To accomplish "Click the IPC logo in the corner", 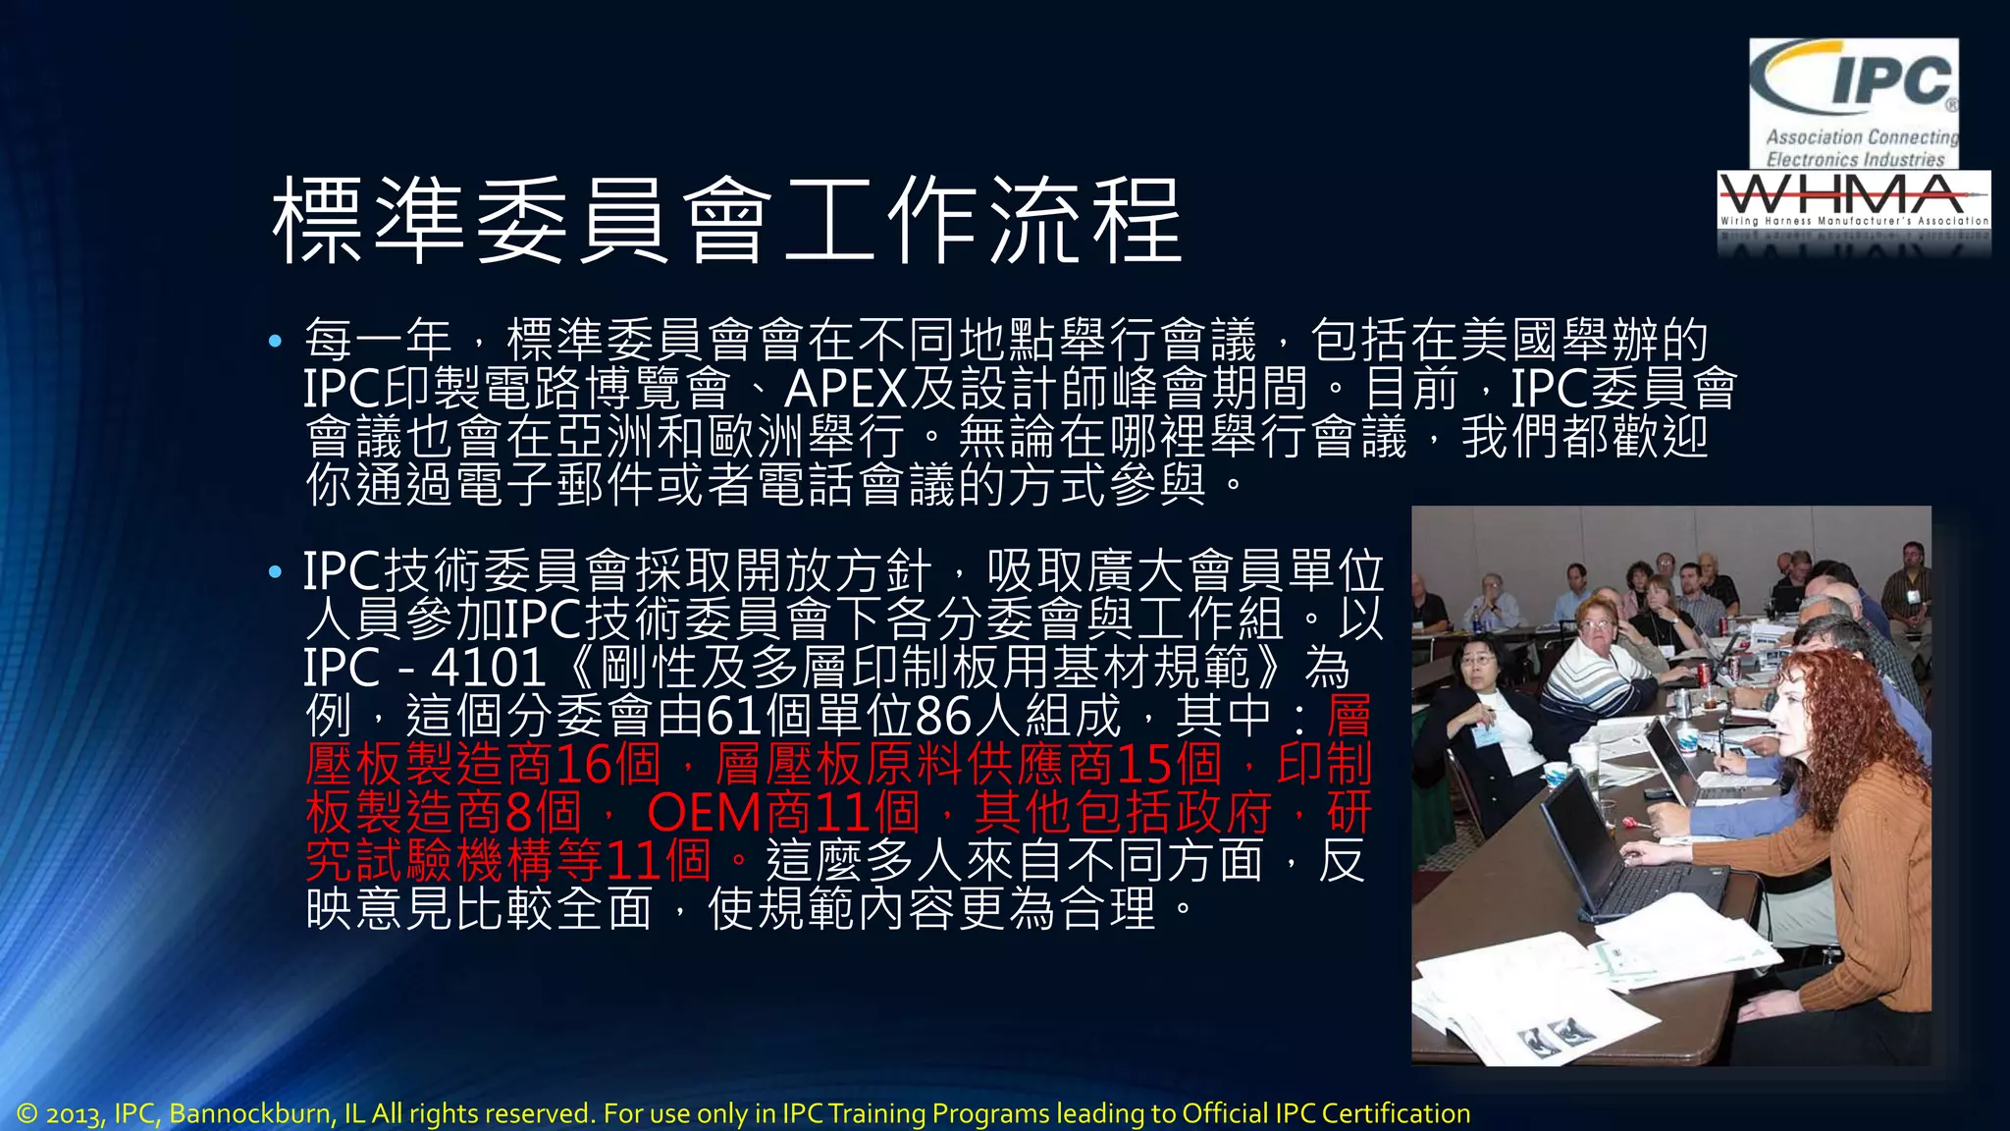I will click(x=1854, y=103).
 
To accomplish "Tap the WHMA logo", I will click(x=1854, y=201).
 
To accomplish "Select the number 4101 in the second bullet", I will click(x=488, y=669).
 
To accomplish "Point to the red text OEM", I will click(x=704, y=814).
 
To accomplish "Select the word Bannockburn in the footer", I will click(x=253, y=1113).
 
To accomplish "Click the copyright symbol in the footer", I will click(x=26, y=1113).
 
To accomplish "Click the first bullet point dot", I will click(x=275, y=342).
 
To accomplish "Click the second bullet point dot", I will click(x=275, y=571).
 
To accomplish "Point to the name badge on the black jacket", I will click(x=1485, y=735).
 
